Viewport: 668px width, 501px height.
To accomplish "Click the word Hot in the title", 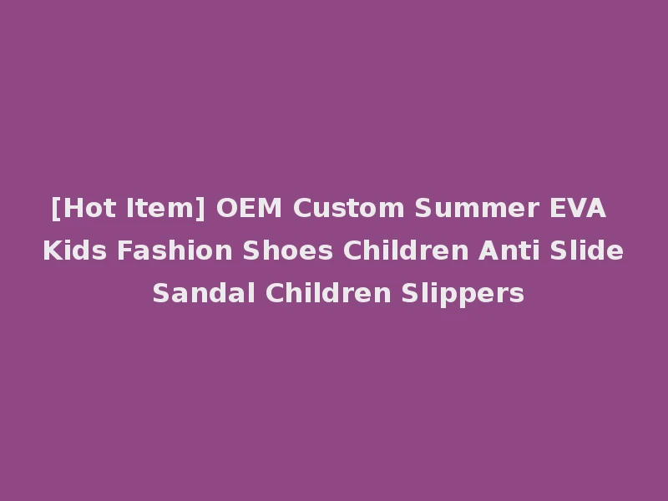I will tap(85, 208).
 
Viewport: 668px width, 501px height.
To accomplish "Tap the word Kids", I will tap(69, 250).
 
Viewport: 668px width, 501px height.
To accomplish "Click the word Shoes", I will tap(248, 250).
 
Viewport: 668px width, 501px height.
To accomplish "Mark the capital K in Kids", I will tap(50, 250).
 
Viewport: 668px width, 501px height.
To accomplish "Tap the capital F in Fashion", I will tap(113, 250).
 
